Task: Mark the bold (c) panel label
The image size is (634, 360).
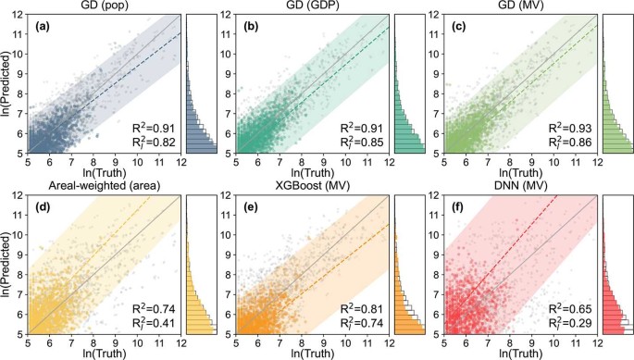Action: tap(458, 27)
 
